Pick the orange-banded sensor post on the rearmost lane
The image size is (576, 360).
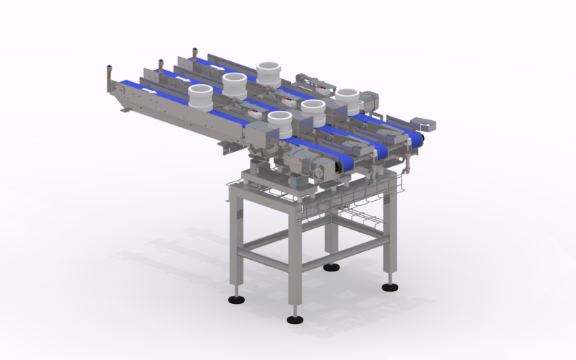tap(194, 55)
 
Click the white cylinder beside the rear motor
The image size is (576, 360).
tap(348, 99)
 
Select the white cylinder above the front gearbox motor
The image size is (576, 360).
tap(282, 124)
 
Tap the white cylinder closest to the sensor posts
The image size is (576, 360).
tap(201, 96)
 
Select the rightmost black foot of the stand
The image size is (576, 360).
tap(390, 286)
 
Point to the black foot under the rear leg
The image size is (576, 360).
tap(331, 267)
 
